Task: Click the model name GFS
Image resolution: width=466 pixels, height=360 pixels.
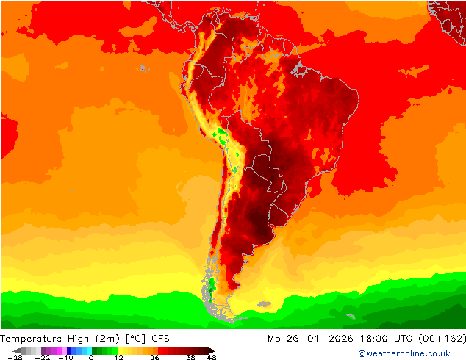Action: pos(162,339)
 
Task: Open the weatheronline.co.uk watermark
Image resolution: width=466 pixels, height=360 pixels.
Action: pos(399,354)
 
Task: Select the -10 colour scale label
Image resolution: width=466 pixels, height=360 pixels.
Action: pos(65,358)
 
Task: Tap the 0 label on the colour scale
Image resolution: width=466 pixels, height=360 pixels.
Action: pos(91,358)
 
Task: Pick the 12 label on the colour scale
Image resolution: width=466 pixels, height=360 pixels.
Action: pos(118,358)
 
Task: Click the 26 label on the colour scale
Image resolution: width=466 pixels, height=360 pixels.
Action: pos(154,358)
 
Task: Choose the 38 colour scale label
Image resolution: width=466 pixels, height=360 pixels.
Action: pos(190,358)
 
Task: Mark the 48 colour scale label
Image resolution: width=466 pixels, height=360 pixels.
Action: pos(212,358)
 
